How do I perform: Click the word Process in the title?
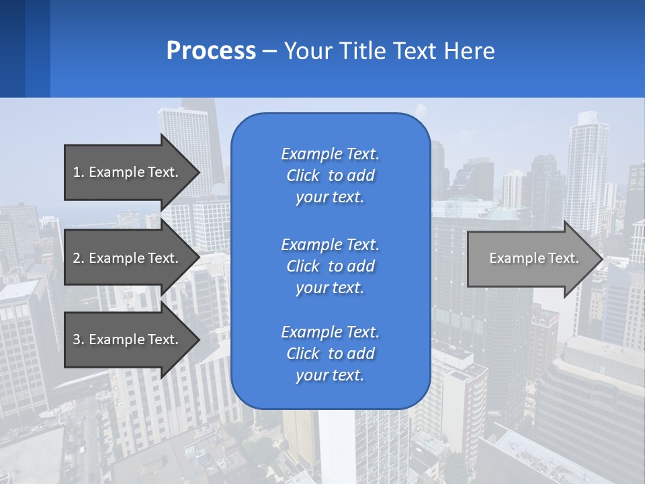(211, 51)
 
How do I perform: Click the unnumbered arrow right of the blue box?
(531, 259)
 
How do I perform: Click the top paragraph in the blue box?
(330, 175)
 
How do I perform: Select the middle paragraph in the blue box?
(330, 266)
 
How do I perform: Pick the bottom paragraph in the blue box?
(330, 354)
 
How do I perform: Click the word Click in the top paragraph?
(302, 175)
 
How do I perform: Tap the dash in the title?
(269, 51)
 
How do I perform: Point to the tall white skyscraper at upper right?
(586, 168)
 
